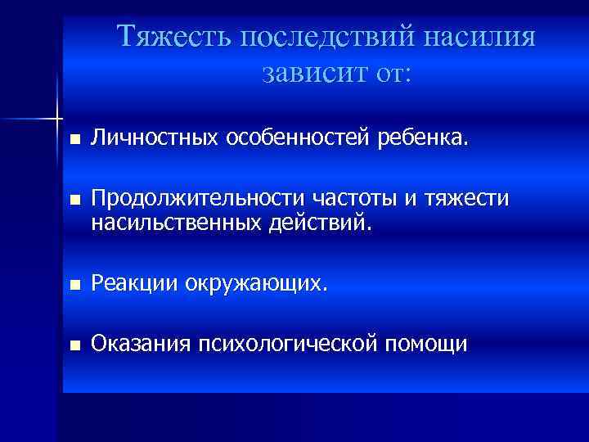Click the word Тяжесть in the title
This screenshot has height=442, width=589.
(x=163, y=38)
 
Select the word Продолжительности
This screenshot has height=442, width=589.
(x=196, y=199)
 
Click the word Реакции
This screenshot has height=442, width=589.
(x=134, y=284)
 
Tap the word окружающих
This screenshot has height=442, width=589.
(x=256, y=284)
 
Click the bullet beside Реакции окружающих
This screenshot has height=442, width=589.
(x=75, y=286)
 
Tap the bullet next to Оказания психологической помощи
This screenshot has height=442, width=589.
(x=75, y=346)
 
